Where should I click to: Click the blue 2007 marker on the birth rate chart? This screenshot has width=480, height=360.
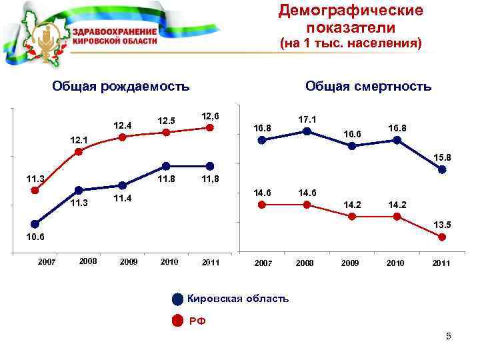click(35, 225)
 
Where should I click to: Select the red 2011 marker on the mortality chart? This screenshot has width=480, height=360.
click(442, 237)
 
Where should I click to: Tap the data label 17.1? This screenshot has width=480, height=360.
click(307, 119)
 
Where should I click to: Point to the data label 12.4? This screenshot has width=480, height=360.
click(123, 125)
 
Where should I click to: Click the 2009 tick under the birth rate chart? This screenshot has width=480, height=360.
click(128, 262)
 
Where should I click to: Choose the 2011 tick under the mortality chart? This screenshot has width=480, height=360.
click(441, 263)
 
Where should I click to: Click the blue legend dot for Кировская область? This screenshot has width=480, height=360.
click(177, 299)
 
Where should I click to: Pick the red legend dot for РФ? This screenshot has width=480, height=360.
click(177, 321)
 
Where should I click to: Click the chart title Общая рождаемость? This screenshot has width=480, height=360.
click(121, 86)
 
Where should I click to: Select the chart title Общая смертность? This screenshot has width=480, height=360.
click(368, 86)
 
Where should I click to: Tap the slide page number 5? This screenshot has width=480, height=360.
click(449, 337)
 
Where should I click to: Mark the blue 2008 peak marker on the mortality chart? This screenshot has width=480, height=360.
click(307, 131)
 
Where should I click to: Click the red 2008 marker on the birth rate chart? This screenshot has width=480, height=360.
click(79, 152)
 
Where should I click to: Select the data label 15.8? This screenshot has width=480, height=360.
click(442, 157)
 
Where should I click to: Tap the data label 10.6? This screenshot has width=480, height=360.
click(35, 237)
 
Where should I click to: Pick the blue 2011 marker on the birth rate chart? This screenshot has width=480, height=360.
click(210, 166)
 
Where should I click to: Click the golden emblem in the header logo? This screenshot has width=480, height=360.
click(49, 41)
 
